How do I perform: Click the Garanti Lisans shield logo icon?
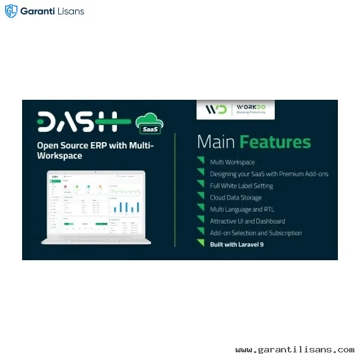(11, 11)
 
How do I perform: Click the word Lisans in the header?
(69, 11)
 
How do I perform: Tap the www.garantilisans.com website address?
(294, 349)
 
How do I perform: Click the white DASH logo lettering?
(78, 122)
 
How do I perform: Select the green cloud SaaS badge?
(150, 122)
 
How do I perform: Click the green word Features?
(277, 141)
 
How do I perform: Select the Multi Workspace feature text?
(232, 162)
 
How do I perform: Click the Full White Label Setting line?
(241, 186)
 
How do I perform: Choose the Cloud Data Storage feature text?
(236, 198)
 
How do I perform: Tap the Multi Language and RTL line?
(242, 209)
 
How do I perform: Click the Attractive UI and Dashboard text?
(247, 221)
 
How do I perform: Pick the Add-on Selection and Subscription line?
(256, 232)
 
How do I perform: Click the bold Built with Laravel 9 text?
(237, 244)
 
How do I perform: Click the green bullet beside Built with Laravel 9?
(201, 244)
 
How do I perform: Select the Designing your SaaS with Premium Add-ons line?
(269, 174)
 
